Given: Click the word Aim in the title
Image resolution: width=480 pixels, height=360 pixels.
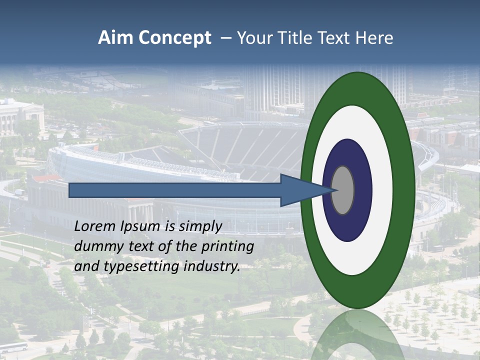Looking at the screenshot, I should tap(114, 38).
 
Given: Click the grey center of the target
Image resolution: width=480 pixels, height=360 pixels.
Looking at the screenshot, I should tap(343, 190).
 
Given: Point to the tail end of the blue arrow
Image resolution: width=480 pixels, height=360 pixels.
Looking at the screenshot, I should tap(71, 190).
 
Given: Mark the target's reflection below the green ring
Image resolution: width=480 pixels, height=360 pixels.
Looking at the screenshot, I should tap(358, 335).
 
